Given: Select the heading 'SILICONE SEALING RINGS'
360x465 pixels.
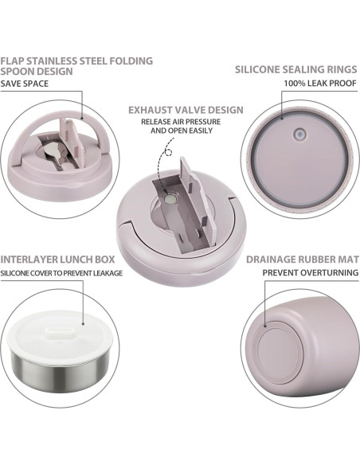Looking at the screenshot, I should pos(296,69).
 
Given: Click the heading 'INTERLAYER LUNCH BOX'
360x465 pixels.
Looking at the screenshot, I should pos(57,260).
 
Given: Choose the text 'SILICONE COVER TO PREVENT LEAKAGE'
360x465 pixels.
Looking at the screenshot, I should pos(61,272).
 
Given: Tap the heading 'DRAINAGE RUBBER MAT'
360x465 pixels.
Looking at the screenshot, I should pos(303,260).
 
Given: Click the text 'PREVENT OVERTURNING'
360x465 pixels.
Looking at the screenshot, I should pos(311,272).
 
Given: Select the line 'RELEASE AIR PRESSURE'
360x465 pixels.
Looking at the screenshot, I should pos(181,121).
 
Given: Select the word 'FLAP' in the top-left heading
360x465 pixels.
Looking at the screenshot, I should pos(14,58).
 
